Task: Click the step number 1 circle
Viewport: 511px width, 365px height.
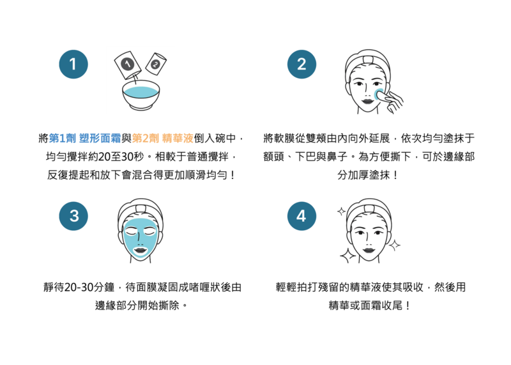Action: [x=73, y=65]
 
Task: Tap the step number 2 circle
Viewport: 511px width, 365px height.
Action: [x=301, y=65]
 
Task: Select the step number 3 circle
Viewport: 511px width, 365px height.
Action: [x=73, y=216]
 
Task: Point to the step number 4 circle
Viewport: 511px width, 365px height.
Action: [x=301, y=216]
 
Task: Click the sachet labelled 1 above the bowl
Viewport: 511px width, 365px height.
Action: [x=128, y=65]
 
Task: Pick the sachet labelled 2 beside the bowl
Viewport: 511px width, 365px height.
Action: [x=156, y=63]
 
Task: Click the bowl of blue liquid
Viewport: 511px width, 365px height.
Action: [x=141, y=95]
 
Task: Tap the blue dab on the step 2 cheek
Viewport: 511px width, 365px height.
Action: [x=379, y=94]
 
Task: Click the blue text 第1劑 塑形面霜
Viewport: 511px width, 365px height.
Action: [x=85, y=138]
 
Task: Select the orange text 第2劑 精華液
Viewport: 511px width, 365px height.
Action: [x=163, y=138]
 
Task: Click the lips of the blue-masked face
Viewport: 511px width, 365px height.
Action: [x=140, y=251]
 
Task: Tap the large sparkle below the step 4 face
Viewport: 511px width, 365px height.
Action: [x=347, y=256]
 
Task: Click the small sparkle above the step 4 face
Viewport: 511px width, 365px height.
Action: [x=341, y=212]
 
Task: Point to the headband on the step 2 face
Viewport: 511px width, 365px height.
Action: [x=368, y=61]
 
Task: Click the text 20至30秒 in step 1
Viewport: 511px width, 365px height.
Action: [x=121, y=157]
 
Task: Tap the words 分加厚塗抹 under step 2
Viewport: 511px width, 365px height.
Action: [x=363, y=175]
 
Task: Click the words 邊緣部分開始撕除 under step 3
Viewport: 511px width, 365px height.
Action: [x=137, y=306]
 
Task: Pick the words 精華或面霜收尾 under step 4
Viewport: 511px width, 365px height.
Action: [x=365, y=306]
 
